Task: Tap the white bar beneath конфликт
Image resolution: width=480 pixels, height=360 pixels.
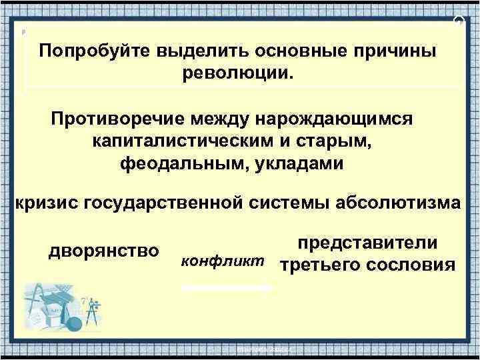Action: pyautogui.click(x=227, y=287)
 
